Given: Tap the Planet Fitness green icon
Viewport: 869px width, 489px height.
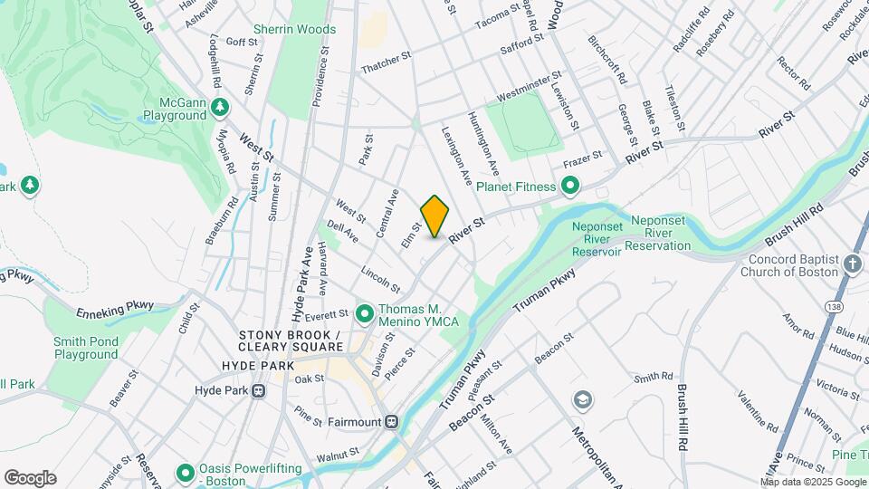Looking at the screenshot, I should [x=570, y=187].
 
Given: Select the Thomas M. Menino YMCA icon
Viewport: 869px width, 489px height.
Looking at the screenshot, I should [x=365, y=314].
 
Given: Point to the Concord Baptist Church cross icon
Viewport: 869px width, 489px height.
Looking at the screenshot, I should [x=851, y=264].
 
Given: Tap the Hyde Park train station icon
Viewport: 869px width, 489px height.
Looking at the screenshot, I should [x=259, y=391].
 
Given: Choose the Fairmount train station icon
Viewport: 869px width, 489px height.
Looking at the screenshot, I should [x=391, y=421].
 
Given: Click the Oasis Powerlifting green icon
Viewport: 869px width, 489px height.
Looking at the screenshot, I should [x=186, y=473].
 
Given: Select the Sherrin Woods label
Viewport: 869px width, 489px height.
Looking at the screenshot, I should [x=294, y=30].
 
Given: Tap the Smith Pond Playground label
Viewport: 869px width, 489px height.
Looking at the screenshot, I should [x=85, y=348].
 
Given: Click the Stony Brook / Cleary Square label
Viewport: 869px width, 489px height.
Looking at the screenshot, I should [x=291, y=340].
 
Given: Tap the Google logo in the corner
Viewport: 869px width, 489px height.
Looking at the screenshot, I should [x=30, y=478].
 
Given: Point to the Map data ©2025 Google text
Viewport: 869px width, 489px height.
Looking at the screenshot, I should [x=813, y=482].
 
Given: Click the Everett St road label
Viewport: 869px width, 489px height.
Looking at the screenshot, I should [x=327, y=314].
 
